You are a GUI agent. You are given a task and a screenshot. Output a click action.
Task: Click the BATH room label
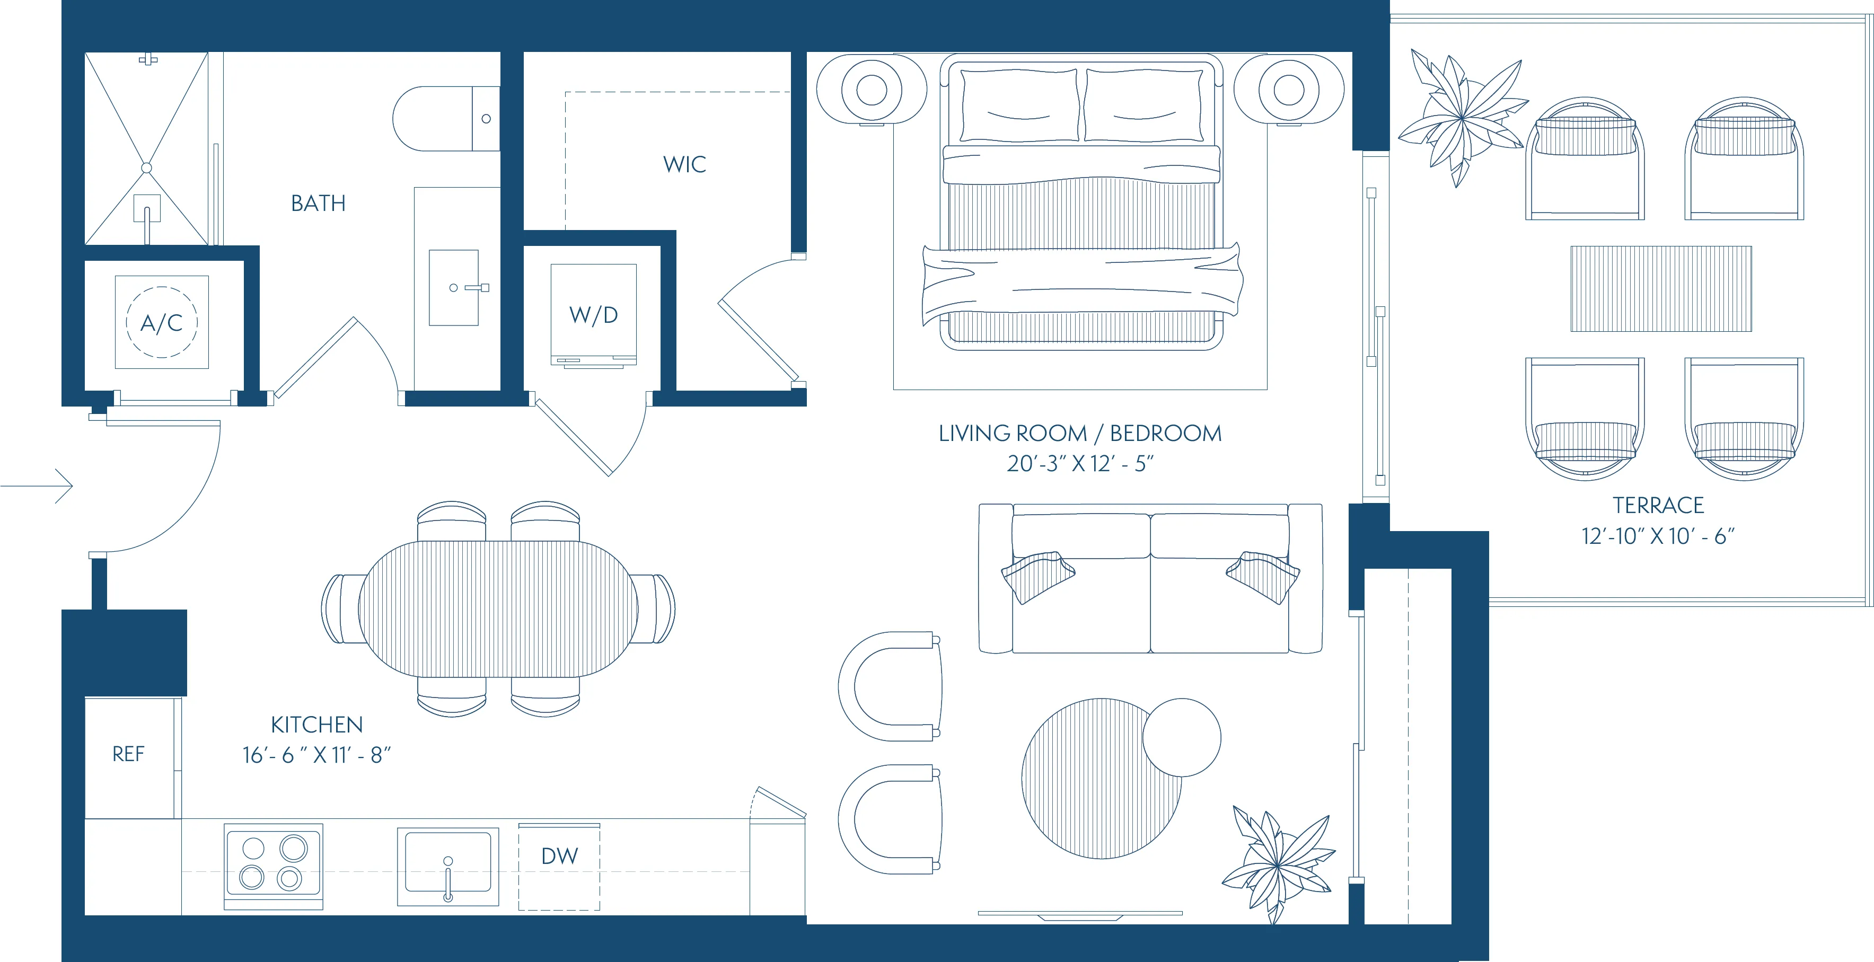(x=318, y=203)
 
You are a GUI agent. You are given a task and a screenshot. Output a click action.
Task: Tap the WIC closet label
(x=684, y=164)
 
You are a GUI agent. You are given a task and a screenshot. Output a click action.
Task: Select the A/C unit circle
(x=162, y=322)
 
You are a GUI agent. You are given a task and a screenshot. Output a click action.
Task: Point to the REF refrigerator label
(x=128, y=754)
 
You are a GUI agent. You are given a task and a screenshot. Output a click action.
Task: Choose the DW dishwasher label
(x=559, y=856)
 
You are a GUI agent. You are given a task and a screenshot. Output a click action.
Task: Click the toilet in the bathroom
(x=444, y=119)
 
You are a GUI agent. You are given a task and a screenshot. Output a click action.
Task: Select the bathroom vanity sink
(x=453, y=288)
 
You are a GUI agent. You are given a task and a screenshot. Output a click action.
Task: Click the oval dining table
(x=498, y=608)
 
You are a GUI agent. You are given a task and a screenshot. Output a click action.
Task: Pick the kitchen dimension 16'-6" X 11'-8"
(x=316, y=755)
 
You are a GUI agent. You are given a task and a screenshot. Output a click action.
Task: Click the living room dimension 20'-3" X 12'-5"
(x=1079, y=463)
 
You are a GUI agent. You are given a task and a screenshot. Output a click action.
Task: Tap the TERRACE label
(x=1658, y=505)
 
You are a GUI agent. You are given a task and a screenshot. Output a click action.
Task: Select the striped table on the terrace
(x=1661, y=289)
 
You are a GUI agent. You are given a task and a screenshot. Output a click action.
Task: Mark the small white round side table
(x=1182, y=737)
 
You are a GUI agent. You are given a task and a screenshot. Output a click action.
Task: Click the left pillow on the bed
(x=1020, y=105)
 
